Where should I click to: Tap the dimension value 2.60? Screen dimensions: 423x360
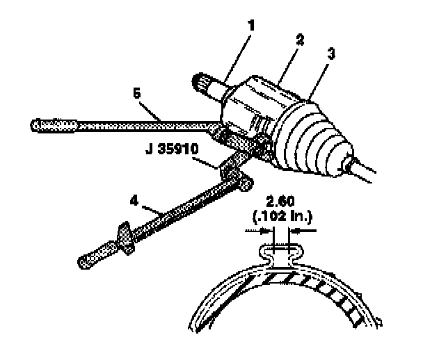pos(280,202)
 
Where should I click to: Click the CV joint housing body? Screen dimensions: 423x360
pos(254,104)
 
